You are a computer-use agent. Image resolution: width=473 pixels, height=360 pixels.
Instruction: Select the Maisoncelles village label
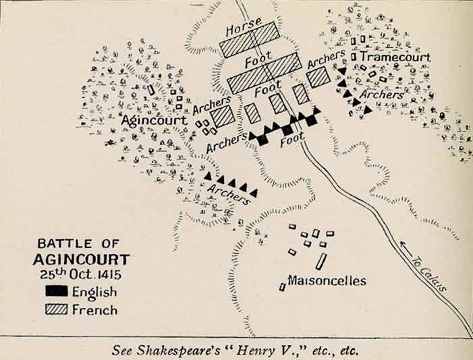327,280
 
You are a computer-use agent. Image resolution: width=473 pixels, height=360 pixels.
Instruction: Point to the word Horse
243,30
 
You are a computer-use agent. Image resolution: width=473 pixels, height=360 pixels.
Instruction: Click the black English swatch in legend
56,292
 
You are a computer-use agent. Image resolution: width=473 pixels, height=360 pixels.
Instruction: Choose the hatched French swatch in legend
56,309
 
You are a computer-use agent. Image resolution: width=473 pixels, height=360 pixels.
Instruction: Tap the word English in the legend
94,293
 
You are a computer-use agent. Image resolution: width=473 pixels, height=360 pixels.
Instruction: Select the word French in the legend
94,310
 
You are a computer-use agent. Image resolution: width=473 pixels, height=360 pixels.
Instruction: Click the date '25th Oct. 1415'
80,275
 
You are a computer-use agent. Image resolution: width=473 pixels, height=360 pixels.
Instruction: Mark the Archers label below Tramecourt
382,95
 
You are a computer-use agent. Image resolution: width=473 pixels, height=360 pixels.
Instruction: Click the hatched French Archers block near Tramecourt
318,78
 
